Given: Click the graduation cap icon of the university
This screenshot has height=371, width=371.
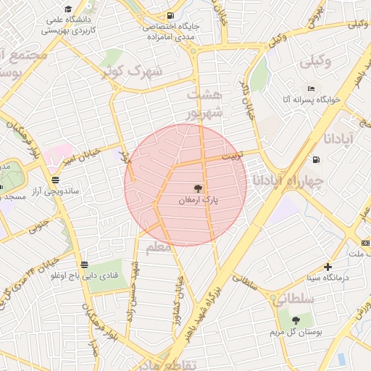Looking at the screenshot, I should (x=67, y=9).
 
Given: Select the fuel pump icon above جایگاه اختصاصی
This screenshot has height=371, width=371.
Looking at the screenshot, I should (x=170, y=15).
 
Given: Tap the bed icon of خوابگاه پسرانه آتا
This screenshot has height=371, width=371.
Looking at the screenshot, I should (x=311, y=88).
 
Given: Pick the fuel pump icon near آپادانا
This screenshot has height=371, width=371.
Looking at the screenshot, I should (x=315, y=160).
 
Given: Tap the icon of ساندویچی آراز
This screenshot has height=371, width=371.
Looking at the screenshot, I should (x=56, y=179).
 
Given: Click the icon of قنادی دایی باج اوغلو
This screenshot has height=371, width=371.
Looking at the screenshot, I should (x=85, y=264).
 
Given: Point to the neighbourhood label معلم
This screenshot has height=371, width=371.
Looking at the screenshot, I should (x=157, y=248).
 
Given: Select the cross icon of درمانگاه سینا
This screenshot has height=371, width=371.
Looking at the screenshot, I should (x=328, y=267).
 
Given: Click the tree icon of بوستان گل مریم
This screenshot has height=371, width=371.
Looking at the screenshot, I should (x=295, y=320).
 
